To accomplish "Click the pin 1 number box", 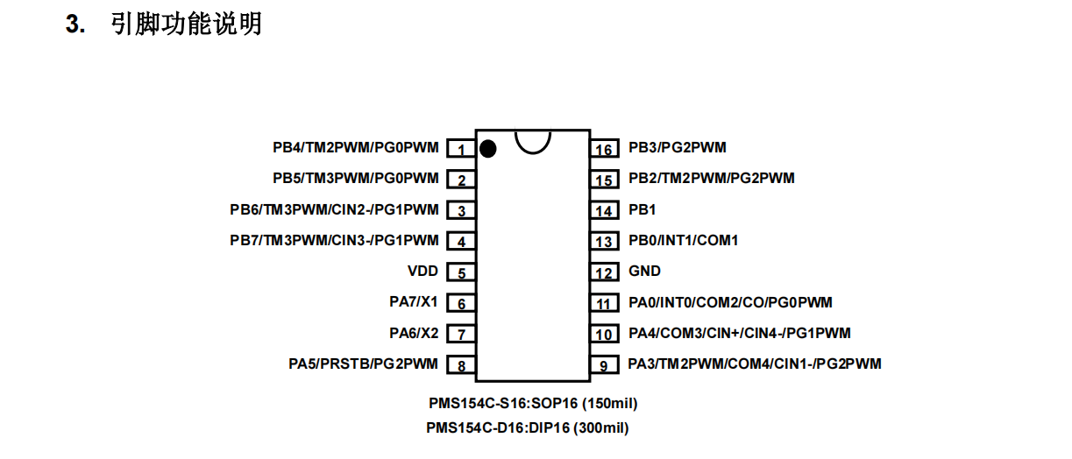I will click(461, 149).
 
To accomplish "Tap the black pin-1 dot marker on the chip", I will click(488, 149).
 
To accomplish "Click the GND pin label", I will click(644, 272).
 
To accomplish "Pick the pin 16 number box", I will click(604, 149).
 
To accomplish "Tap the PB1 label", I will click(642, 210).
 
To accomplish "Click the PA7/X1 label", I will click(414, 302).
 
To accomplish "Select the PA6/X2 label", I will click(414, 333).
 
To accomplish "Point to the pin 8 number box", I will click(461, 365).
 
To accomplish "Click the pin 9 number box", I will click(604, 365).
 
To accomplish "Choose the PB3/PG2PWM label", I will click(677, 148).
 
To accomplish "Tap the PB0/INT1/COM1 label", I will click(683, 240).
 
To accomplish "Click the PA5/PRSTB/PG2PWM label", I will click(363, 364).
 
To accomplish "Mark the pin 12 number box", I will click(604, 272).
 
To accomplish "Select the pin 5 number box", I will click(461, 272).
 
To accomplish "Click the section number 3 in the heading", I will click(74, 25).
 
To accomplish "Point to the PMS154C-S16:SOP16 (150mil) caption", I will click(532, 404).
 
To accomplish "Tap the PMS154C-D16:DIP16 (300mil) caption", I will click(528, 428).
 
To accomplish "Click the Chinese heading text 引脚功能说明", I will click(186, 24).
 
